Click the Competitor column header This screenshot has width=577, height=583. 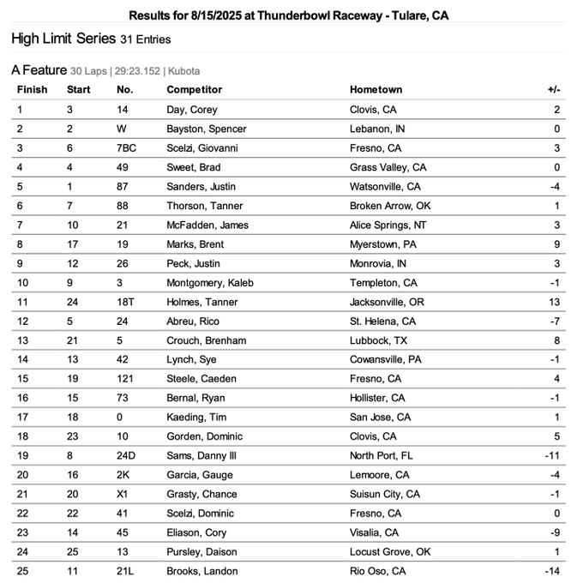[x=194, y=89]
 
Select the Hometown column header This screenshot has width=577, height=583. [x=376, y=89]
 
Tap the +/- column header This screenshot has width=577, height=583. [x=553, y=89]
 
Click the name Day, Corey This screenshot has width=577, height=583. [x=192, y=110]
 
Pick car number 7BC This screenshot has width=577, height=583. [x=127, y=148]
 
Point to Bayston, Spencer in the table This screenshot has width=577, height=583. [x=206, y=129]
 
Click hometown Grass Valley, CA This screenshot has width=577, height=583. [x=385, y=167]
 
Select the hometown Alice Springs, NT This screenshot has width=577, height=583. [x=385, y=225]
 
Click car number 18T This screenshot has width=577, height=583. [x=125, y=302]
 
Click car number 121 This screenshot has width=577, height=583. [x=124, y=378]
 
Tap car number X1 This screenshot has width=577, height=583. [x=123, y=494]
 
